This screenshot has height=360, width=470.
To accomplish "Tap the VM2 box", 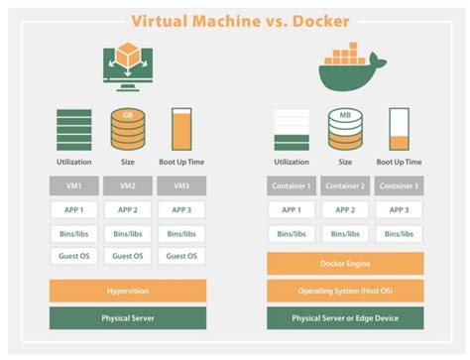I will (x=127, y=185).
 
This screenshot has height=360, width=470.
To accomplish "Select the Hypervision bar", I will (x=127, y=291).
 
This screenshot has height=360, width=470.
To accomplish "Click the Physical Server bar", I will (x=127, y=318).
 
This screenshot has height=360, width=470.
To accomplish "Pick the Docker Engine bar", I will (x=345, y=264).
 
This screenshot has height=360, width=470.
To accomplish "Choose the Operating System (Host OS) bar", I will (x=345, y=291).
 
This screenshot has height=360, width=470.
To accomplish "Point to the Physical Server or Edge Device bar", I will (x=345, y=318).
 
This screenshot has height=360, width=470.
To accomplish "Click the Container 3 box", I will (x=399, y=185).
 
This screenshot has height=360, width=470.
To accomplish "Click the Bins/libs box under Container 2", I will (x=345, y=233).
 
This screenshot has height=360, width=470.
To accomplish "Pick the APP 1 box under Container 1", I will (x=291, y=209).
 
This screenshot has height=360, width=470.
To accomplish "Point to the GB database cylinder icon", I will (x=127, y=127).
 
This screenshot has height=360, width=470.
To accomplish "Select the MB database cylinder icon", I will (x=345, y=127).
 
